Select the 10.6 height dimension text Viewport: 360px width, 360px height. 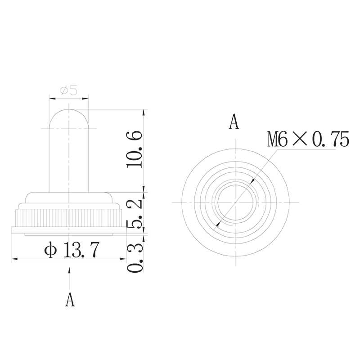135,149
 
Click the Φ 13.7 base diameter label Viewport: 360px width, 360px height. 72,250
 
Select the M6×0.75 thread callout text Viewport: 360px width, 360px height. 308,139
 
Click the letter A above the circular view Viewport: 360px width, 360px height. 234,122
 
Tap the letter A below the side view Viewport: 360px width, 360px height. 69,299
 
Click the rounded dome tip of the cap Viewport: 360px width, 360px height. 68,111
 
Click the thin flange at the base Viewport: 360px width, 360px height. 68,231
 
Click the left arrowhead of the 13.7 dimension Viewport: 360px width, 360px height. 13,259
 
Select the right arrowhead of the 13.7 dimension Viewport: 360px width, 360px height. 123,259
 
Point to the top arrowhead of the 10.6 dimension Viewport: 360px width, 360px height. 144,111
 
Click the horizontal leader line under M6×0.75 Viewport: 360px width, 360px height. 306,151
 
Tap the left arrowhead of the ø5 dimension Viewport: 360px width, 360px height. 51,97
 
